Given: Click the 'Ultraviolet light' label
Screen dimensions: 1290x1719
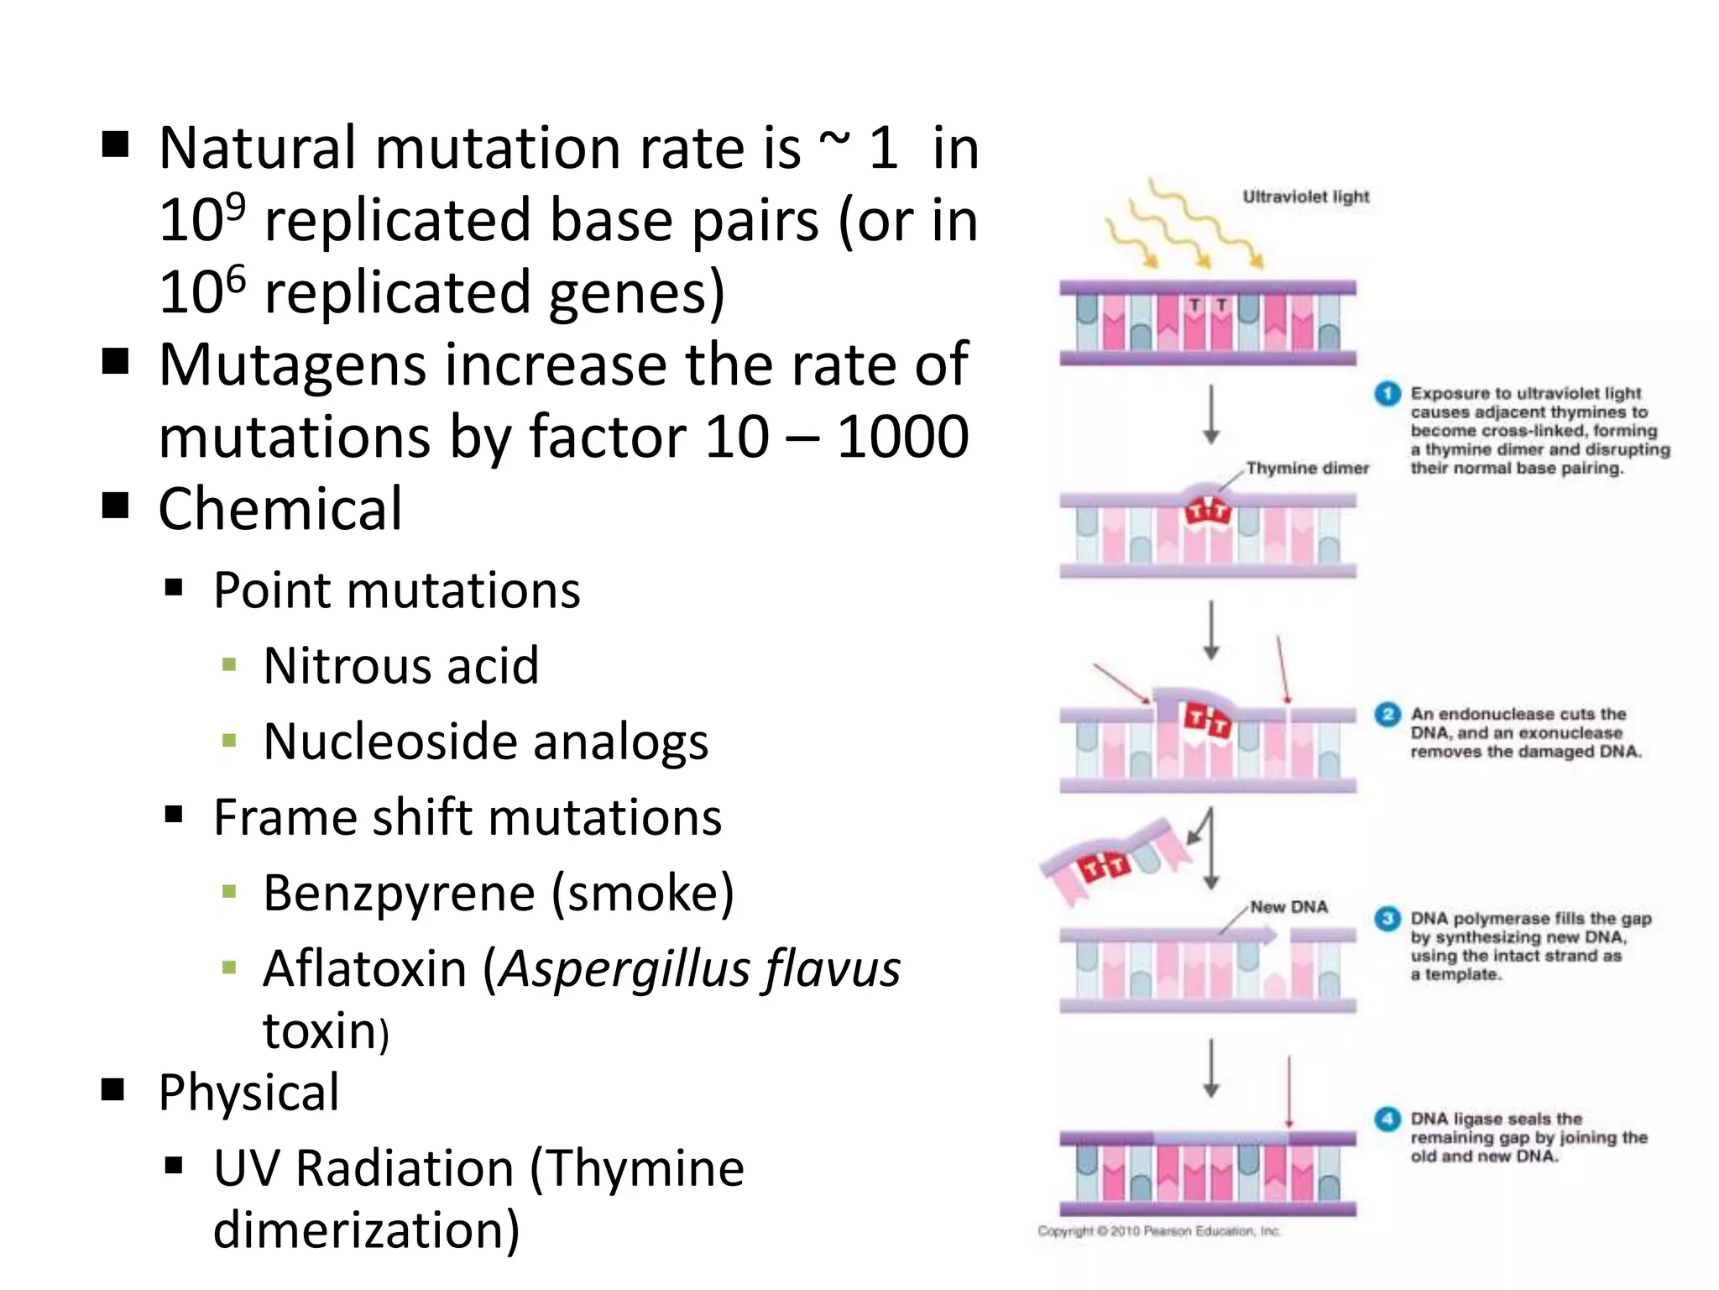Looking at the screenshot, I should pyautogui.click(x=1305, y=197).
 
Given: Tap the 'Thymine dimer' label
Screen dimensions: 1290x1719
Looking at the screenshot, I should pyautogui.click(x=1307, y=468).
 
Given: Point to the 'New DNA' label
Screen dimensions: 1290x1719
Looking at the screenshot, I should pyautogui.click(x=1288, y=907).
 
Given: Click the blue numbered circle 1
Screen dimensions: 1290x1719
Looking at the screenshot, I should pyautogui.click(x=1387, y=393).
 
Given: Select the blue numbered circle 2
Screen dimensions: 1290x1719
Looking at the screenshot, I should pyautogui.click(x=1387, y=715).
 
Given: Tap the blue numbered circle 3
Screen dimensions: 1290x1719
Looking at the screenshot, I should pyautogui.click(x=1387, y=919).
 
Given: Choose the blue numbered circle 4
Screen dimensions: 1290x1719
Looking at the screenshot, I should pyautogui.click(x=1387, y=1119).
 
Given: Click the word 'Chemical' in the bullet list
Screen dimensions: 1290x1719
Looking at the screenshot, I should pyautogui.click(x=280, y=509).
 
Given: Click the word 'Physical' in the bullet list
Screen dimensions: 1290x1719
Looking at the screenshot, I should pyautogui.click(x=249, y=1093).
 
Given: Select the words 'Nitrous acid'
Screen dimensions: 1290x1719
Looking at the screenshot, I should pyautogui.click(x=400, y=666).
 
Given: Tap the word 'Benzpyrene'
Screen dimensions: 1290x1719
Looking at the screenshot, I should pyautogui.click(x=399, y=893).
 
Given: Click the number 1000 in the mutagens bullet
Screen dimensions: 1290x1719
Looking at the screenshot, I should pyautogui.click(x=903, y=437).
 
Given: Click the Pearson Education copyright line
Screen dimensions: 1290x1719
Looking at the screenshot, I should pyautogui.click(x=1158, y=1231).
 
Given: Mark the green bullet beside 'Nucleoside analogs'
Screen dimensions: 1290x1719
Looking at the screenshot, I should pyautogui.click(x=229, y=741).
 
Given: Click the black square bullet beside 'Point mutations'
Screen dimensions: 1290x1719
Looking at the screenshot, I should pyautogui.click(x=174, y=588).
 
